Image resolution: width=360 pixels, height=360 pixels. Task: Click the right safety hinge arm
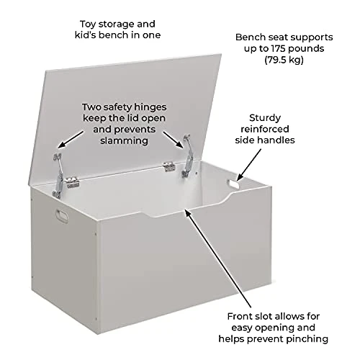[187, 156]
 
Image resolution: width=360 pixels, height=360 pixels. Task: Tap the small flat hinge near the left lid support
[73, 182]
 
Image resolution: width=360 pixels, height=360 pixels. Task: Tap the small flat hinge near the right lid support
[169, 167]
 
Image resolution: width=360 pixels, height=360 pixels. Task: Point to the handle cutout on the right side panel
[234, 184]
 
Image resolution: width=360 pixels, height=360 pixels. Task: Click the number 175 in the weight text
[279, 48]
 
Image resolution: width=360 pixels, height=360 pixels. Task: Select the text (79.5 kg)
[284, 60]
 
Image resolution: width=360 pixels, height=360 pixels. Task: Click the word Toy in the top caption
[88, 24]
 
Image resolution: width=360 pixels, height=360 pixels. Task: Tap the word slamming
[124, 140]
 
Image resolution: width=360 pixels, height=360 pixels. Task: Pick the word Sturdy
[265, 118]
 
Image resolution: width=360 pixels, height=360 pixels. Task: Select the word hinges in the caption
[150, 107]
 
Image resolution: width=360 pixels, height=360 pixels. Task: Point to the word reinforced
[265, 129]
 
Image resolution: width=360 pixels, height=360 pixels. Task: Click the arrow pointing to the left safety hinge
[71, 139]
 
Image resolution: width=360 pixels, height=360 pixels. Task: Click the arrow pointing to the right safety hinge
[173, 139]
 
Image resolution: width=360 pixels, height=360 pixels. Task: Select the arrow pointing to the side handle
[249, 165]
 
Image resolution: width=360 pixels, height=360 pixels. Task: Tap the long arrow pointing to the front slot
[218, 258]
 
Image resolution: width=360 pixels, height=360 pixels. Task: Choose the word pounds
[306, 49]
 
